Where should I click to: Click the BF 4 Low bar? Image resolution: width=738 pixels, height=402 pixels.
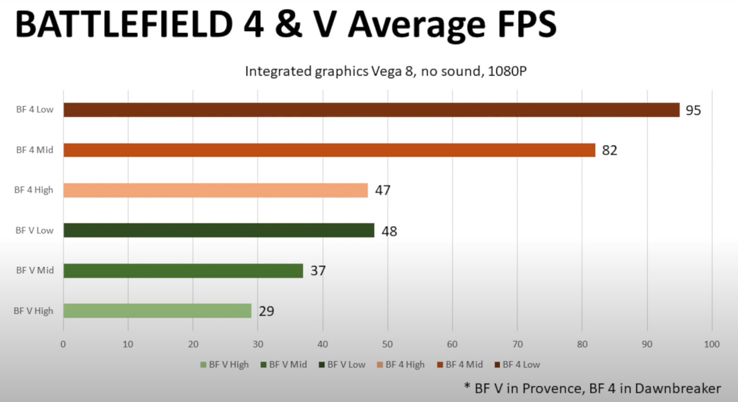pyautogui.click(x=371, y=110)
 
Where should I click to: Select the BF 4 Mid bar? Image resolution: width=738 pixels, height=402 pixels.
pyautogui.click(x=329, y=150)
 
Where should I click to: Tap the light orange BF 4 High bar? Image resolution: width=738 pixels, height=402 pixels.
pyautogui.click(x=215, y=190)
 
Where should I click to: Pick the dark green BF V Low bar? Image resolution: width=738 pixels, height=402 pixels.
pyautogui.click(x=219, y=230)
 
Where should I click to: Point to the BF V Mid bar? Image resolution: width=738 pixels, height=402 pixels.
pyautogui.click(x=183, y=271)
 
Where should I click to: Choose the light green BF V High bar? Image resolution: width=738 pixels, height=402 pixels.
pyautogui.click(x=157, y=311)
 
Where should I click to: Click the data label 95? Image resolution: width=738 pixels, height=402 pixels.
pyautogui.click(x=693, y=111)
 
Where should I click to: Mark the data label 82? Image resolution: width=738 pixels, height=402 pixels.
pyautogui.click(x=609, y=150)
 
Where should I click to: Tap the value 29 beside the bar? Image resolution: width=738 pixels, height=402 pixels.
pyautogui.click(x=266, y=311)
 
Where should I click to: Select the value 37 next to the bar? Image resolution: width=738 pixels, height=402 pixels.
pyautogui.click(x=318, y=271)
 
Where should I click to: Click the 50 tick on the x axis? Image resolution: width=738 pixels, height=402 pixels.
pyautogui.click(x=387, y=344)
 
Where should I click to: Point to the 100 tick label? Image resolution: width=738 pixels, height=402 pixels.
pyautogui.click(x=711, y=344)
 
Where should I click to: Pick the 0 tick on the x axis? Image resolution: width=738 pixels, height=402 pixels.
pyautogui.click(x=63, y=344)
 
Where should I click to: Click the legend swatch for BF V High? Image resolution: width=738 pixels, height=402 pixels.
pyautogui.click(x=203, y=365)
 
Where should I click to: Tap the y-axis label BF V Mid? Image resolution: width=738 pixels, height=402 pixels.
pyautogui.click(x=35, y=271)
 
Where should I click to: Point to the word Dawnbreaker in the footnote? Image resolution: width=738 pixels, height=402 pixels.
pyautogui.click(x=678, y=389)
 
